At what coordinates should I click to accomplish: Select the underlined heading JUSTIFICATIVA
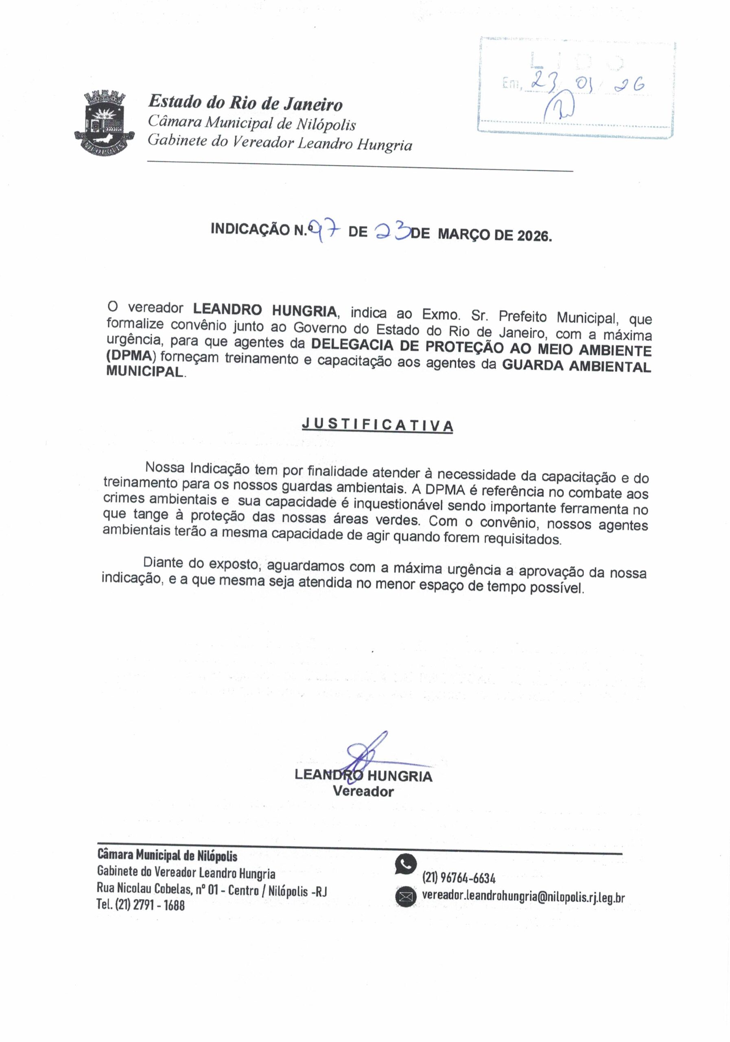378,425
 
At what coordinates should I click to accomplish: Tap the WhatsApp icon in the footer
405,864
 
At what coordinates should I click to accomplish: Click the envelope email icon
405,897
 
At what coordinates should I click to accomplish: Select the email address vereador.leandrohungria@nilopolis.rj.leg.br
523,897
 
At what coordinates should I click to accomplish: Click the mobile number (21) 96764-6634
459,878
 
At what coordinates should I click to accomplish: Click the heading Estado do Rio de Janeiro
245,103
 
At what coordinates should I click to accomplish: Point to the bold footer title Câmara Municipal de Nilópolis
167,856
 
